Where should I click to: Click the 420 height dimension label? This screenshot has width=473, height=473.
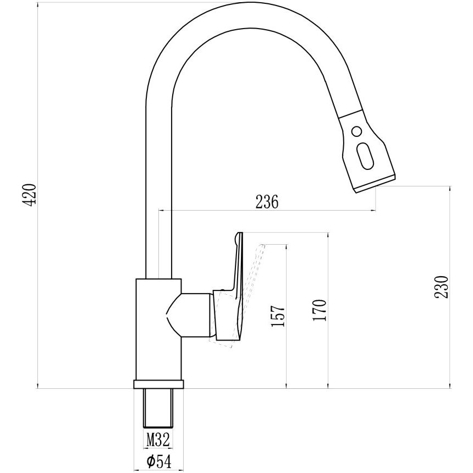point(30,195)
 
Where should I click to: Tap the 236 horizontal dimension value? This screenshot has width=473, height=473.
point(267,202)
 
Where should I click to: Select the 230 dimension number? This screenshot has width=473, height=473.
point(442,287)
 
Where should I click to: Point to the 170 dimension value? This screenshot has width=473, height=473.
point(320,310)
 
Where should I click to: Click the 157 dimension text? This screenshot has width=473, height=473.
point(278,316)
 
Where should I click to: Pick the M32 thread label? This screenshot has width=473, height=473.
point(158,439)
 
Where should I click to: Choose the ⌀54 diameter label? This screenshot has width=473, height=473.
point(158,461)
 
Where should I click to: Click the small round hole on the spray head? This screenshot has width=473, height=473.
point(357,132)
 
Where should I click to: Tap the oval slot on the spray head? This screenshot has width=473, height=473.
point(365,156)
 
